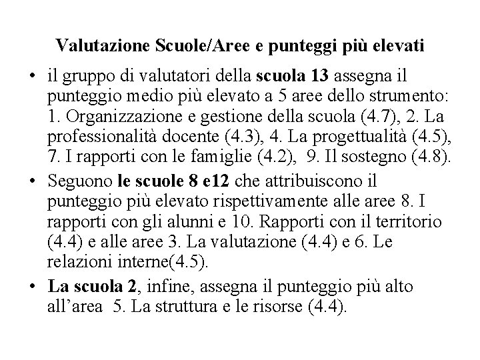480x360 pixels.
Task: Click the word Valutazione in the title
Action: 95,46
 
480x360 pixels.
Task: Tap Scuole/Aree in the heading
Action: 179,46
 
